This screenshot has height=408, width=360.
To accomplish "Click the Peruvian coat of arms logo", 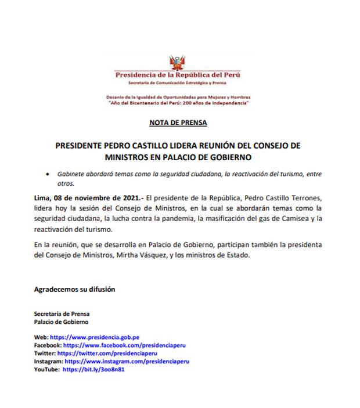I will (178, 62).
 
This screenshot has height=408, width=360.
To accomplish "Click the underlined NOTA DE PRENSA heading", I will (178, 123).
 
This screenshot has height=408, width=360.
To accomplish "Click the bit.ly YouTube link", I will (86, 369).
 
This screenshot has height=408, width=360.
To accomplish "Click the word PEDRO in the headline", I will (126, 145).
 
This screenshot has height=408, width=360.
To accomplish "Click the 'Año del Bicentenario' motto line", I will (179, 102).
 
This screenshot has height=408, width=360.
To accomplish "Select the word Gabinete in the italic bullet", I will (73, 174).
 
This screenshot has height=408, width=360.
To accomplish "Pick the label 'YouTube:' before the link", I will (48, 369).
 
